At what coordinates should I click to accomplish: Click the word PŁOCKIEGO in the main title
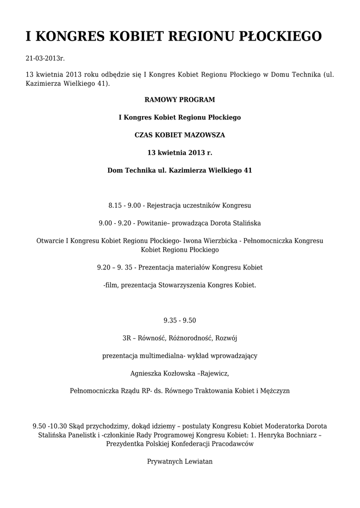[x=281, y=37]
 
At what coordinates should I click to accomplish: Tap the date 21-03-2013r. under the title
[x=45, y=59]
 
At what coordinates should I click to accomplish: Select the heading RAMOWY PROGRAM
[x=180, y=100]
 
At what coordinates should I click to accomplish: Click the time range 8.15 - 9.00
[x=125, y=205]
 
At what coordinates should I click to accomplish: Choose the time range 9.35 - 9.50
[x=180, y=320]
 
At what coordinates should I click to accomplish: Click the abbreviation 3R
[x=127, y=338]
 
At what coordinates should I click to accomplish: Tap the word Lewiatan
[x=198, y=461]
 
